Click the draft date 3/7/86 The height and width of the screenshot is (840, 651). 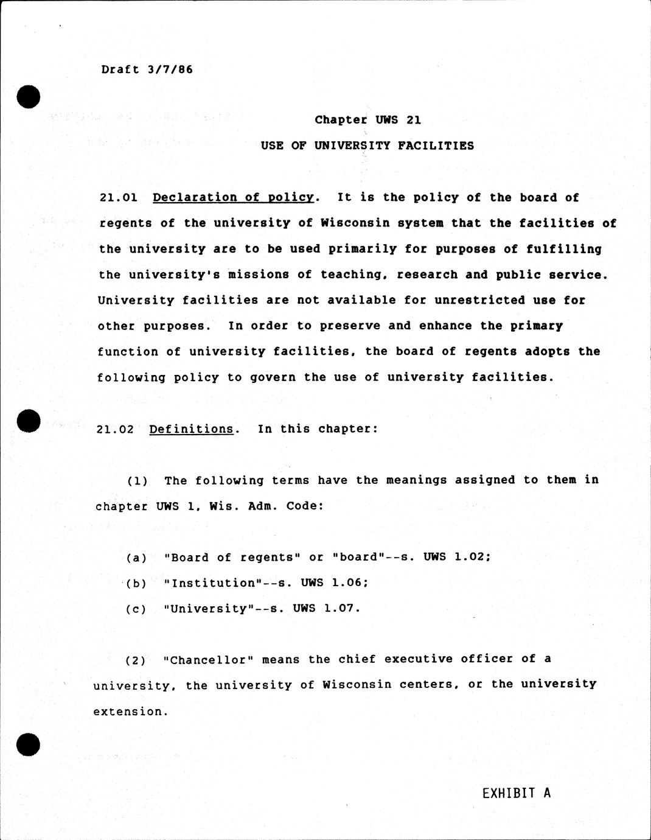(170, 69)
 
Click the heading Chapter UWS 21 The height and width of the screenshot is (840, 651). (367, 120)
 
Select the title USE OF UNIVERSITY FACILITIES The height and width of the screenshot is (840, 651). (367, 146)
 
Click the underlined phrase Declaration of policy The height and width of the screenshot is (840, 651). (233, 198)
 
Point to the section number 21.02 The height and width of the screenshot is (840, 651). (115, 429)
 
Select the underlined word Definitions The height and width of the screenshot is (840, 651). (191, 429)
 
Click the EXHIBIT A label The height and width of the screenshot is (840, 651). (517, 793)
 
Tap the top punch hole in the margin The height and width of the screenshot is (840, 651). (29, 97)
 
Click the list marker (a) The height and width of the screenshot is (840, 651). (136, 558)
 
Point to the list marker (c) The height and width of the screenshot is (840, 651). (136, 609)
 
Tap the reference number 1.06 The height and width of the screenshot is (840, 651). (350, 583)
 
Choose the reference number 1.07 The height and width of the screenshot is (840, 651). (342, 608)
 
